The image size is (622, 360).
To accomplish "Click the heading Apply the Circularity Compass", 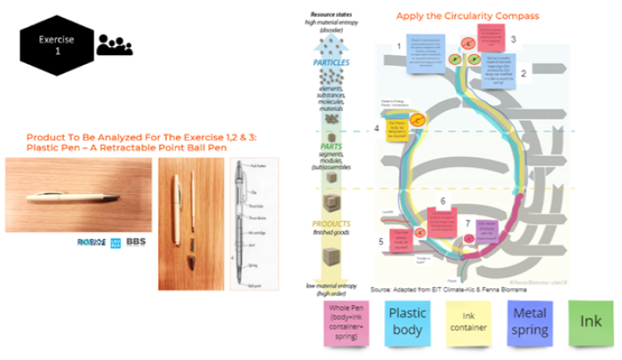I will click(x=451, y=16).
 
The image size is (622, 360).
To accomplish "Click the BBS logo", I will click(x=136, y=241).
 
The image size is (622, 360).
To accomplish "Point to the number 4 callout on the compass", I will click(x=377, y=129).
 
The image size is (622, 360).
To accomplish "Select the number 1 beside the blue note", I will click(x=400, y=46).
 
